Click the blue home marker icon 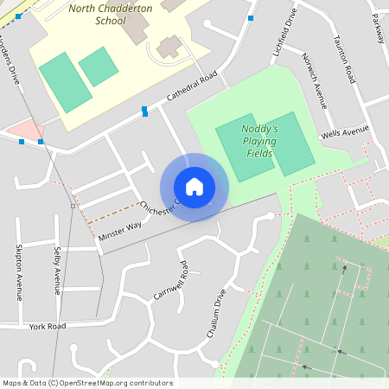click(194, 187)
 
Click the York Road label click(47, 327)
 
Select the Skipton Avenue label click(18, 271)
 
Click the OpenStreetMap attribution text click(87, 383)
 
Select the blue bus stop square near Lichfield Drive click(251, 17)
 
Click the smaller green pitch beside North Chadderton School click(98, 67)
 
